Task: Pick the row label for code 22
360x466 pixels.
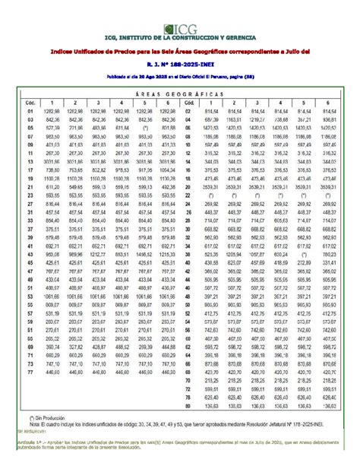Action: [186, 195]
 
